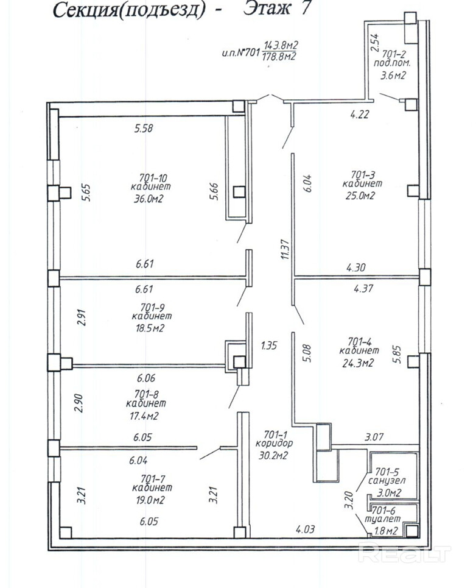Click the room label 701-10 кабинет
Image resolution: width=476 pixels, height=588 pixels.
coord(152,182)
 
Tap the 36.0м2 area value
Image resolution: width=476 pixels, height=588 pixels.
coord(149,199)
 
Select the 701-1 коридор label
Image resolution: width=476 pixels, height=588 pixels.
coord(275,439)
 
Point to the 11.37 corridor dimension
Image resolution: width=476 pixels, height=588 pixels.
coord(285,249)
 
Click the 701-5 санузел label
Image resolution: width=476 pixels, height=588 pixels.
coord(387,476)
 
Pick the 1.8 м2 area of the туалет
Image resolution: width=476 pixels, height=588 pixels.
coord(386,531)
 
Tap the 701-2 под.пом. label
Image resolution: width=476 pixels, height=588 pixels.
coord(392,58)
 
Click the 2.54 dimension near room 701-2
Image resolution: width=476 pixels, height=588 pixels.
coord(374,43)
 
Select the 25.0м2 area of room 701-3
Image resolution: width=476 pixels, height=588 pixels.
coord(360,196)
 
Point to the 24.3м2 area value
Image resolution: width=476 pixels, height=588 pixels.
coord(358,363)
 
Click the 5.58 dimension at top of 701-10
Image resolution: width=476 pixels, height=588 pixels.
coord(144,128)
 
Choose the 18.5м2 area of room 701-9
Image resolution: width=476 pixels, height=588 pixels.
coord(149,328)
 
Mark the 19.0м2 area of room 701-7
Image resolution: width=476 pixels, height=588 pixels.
coord(149,500)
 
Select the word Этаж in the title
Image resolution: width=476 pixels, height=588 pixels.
coord(267,9)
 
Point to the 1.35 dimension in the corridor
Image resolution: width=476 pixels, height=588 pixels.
coord(269,345)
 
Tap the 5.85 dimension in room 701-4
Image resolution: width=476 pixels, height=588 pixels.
coord(397,355)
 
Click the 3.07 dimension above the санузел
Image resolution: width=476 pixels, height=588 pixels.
coord(374,436)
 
